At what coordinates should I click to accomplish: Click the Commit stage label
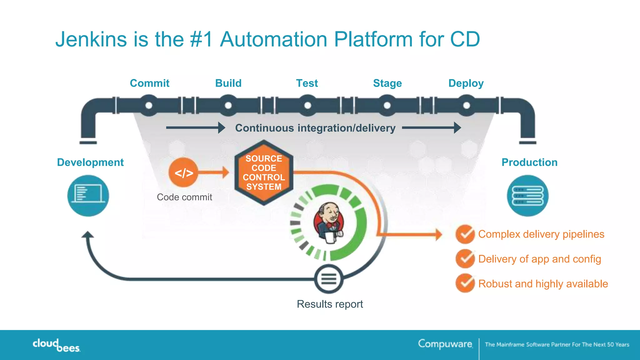(x=149, y=83)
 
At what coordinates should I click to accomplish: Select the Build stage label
(x=228, y=83)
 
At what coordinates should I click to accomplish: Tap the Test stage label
(x=307, y=83)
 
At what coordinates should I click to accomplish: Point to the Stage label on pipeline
(x=387, y=83)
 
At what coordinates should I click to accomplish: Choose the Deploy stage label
(x=466, y=83)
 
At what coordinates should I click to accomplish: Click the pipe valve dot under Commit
(x=149, y=106)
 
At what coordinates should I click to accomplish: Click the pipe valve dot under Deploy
(x=466, y=106)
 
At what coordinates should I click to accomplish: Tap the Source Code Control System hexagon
(x=264, y=172)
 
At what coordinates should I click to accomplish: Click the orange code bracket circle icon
(x=183, y=172)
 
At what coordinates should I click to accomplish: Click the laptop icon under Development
(x=88, y=196)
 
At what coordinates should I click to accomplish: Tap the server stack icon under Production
(x=527, y=196)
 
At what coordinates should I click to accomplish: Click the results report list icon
(x=329, y=278)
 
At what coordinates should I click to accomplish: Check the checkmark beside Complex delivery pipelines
(x=465, y=234)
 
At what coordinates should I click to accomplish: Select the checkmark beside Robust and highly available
(x=465, y=283)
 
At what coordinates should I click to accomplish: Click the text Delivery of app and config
(x=539, y=259)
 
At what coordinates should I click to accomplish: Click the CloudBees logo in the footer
(x=56, y=345)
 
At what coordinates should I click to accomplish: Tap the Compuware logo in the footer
(x=445, y=344)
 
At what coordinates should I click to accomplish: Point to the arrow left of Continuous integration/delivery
(x=196, y=127)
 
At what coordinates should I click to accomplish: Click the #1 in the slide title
(x=201, y=39)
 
